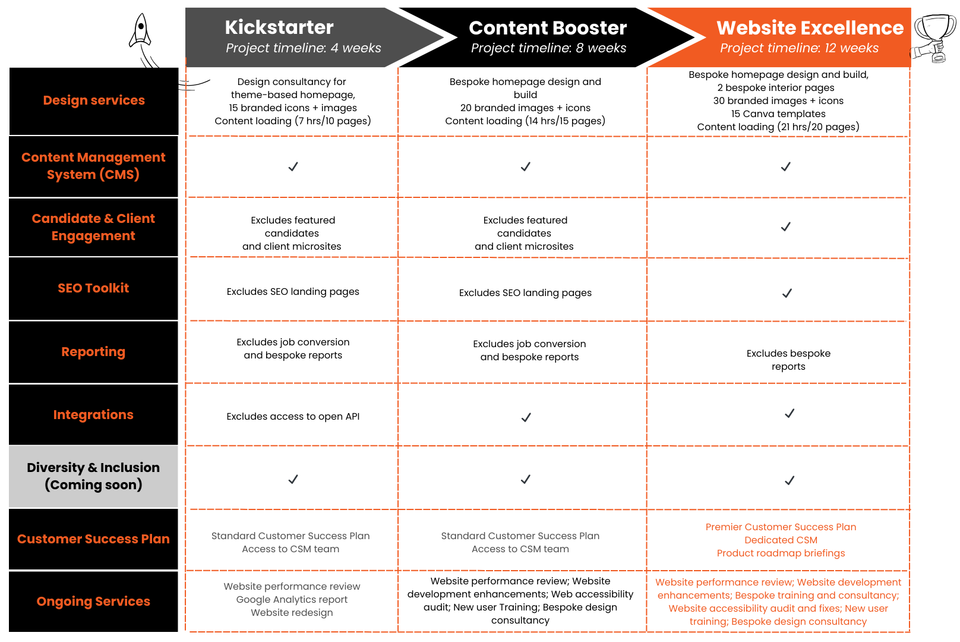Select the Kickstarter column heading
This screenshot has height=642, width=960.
[279, 27]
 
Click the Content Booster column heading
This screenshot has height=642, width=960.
[548, 28]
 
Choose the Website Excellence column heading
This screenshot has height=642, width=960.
[810, 28]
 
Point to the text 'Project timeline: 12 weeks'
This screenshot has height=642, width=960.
[799, 48]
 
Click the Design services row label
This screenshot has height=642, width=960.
[94, 100]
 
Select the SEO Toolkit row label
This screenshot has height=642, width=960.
[93, 288]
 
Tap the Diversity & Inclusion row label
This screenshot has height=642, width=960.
[93, 476]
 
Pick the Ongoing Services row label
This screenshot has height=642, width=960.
[93, 601]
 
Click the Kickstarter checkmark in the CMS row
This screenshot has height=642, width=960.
[293, 166]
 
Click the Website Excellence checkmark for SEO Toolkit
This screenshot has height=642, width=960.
[787, 293]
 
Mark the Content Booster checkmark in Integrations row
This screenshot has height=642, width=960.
[526, 417]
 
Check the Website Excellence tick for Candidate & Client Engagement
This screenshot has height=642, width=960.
[785, 226]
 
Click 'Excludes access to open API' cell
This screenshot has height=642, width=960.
[293, 417]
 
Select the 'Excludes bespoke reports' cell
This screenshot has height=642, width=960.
[788, 360]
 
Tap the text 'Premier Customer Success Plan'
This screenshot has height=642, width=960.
[781, 527]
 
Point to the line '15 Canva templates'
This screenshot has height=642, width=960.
[778, 114]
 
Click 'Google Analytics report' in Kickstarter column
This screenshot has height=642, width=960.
[292, 600]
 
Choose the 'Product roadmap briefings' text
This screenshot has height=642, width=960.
[781, 553]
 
